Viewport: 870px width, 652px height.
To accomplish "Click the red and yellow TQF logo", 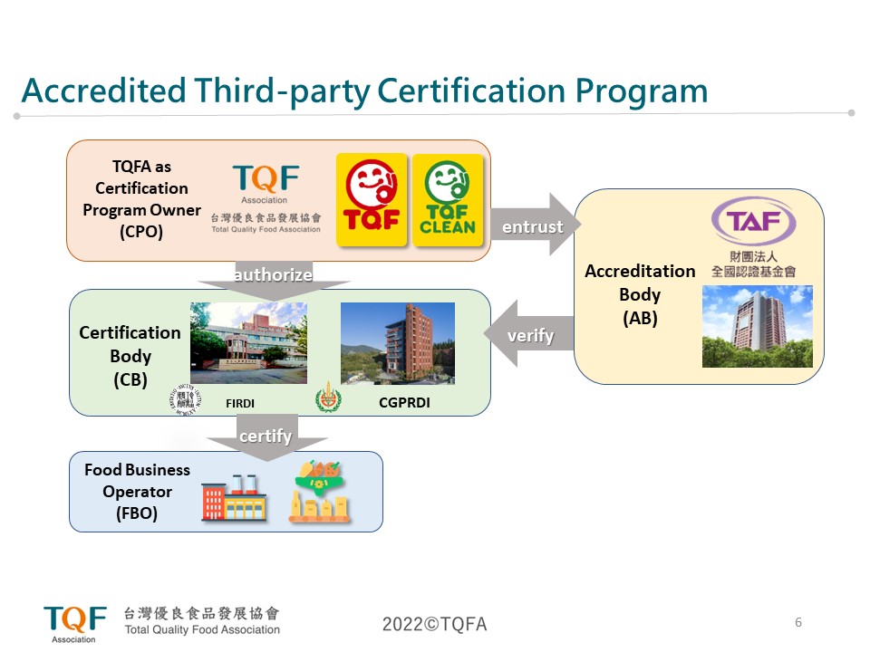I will click(372, 199).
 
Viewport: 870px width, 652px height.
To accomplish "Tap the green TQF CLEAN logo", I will click(448, 199).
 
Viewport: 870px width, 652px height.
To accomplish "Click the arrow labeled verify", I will click(531, 336).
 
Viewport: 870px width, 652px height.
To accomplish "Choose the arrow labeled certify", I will click(266, 437).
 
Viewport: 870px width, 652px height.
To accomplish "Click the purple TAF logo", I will click(754, 221).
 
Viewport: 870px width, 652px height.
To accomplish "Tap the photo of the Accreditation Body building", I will click(757, 326).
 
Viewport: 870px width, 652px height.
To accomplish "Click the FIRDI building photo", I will click(248, 342).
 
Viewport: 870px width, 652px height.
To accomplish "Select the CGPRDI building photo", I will click(397, 342).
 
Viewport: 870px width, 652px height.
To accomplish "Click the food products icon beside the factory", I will click(320, 493).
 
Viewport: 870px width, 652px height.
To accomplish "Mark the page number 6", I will click(797, 622).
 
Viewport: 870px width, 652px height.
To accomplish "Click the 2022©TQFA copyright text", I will click(434, 624).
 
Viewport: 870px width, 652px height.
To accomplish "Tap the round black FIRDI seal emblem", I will click(187, 399).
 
